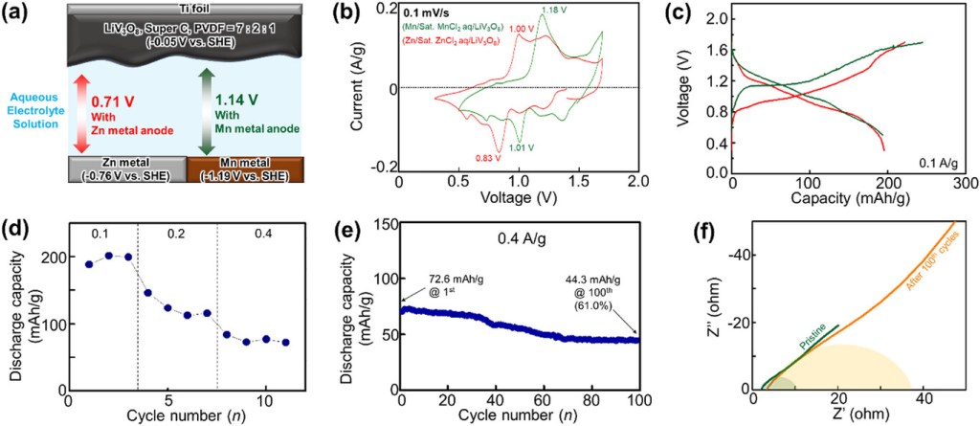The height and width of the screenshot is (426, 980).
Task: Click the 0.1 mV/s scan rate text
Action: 456,12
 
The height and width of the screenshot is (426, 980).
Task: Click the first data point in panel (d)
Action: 90,264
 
